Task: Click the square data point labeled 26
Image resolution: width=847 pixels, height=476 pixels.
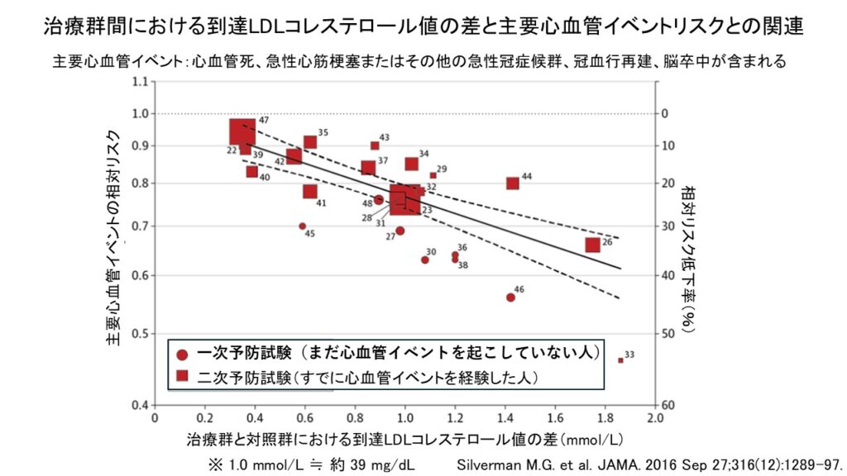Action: click(x=592, y=245)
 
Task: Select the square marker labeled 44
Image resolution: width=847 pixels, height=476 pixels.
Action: click(x=513, y=183)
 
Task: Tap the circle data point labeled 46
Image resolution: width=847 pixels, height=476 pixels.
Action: click(x=510, y=297)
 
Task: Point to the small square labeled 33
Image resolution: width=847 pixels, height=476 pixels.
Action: click(x=620, y=360)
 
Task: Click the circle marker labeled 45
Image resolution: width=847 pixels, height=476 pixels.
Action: click(x=302, y=226)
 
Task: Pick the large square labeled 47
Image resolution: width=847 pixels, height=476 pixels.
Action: click(x=242, y=132)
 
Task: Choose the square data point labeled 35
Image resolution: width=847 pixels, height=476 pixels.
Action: click(x=310, y=142)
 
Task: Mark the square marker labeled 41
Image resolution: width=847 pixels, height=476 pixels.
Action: click(x=310, y=192)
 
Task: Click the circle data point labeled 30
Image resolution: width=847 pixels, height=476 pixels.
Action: click(x=425, y=259)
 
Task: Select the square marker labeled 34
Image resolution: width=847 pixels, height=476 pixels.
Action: click(x=411, y=164)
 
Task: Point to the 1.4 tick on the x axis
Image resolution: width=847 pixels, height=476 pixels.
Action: click(x=506, y=418)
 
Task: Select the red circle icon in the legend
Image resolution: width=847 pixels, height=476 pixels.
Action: click(x=183, y=355)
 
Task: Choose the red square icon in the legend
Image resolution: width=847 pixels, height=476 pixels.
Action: click(x=183, y=377)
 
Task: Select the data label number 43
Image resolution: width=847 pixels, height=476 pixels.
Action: click(x=385, y=138)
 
